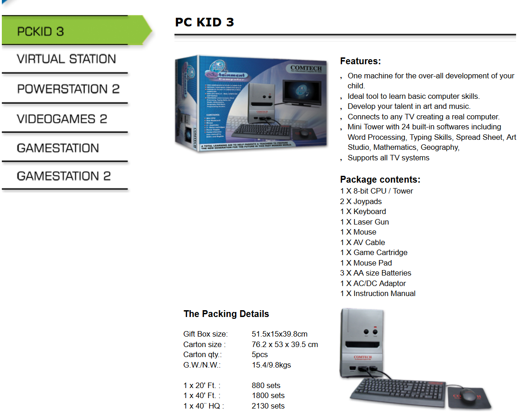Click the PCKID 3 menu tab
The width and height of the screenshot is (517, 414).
pyautogui.click(x=40, y=31)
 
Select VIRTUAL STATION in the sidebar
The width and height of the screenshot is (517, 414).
pyautogui.click(x=66, y=59)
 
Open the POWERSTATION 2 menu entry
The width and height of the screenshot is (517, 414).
pyautogui.click(x=68, y=89)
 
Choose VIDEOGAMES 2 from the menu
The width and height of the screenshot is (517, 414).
pyautogui.click(x=62, y=119)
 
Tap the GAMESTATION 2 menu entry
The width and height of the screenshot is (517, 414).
pyautogui.click(x=63, y=176)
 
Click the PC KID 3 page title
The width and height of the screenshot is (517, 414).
pyautogui.click(x=204, y=22)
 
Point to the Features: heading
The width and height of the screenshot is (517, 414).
pyautogui.click(x=360, y=61)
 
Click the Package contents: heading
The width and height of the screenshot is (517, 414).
pyautogui.click(x=380, y=179)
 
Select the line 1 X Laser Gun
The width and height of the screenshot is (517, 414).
pyautogui.click(x=364, y=222)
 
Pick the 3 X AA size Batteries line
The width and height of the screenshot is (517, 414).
pyautogui.click(x=375, y=273)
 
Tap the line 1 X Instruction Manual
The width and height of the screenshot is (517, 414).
pyautogui.click(x=378, y=293)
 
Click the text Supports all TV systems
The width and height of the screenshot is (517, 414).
pyautogui.click(x=388, y=158)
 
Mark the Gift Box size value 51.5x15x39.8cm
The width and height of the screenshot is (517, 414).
pyautogui.click(x=279, y=334)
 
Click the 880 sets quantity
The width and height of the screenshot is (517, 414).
pyautogui.click(x=266, y=385)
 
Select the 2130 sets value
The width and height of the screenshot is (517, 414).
pyautogui.click(x=268, y=406)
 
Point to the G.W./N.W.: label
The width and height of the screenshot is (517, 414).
pyautogui.click(x=202, y=365)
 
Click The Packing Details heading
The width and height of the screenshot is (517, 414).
pyautogui.click(x=226, y=314)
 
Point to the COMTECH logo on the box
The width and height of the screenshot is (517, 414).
pyautogui.click(x=306, y=68)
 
